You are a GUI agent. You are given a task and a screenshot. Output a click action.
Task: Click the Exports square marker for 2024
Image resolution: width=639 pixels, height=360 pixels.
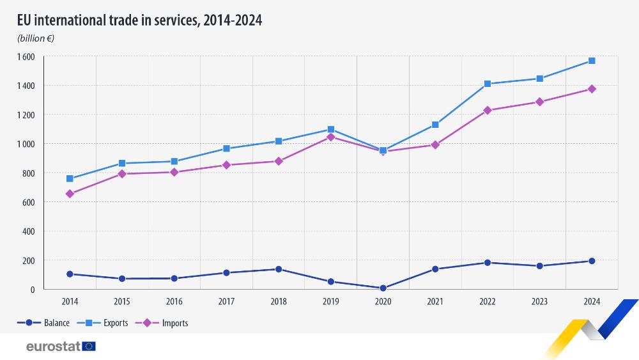(x=592, y=61)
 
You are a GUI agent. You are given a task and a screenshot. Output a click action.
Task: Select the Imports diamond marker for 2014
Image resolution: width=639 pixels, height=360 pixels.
(x=70, y=194)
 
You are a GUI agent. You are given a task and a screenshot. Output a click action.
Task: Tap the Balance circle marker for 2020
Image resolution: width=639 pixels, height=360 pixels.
(x=383, y=288)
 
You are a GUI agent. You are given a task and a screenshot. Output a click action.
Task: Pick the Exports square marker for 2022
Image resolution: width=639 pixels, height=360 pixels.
(x=488, y=84)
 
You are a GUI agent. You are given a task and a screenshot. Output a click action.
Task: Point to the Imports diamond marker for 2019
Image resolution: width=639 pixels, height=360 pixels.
(x=330, y=137)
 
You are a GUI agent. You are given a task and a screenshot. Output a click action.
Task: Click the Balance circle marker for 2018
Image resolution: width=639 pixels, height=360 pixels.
(x=279, y=269)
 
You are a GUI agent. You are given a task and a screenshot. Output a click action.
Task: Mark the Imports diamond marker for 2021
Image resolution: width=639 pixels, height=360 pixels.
(x=435, y=145)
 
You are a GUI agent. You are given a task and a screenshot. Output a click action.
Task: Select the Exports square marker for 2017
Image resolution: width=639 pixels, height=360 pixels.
(x=226, y=149)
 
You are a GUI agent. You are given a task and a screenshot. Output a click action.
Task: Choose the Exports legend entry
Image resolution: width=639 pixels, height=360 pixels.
(x=103, y=323)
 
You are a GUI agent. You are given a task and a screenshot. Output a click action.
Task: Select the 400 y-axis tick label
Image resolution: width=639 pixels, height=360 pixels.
(x=28, y=231)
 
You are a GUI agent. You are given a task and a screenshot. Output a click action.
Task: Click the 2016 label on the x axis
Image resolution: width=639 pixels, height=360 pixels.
(x=174, y=301)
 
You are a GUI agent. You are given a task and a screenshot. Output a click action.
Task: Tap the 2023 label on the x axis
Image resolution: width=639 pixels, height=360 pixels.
(x=539, y=301)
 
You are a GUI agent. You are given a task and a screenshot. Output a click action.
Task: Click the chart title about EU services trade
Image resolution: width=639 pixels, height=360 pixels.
(x=140, y=20)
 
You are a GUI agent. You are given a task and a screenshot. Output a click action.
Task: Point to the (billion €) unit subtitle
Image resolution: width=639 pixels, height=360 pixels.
(x=36, y=38)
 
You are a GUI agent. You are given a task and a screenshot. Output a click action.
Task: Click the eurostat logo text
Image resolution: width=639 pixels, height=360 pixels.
(x=53, y=346)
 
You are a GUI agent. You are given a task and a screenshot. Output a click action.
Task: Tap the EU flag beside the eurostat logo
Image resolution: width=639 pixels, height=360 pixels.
(x=89, y=346)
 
